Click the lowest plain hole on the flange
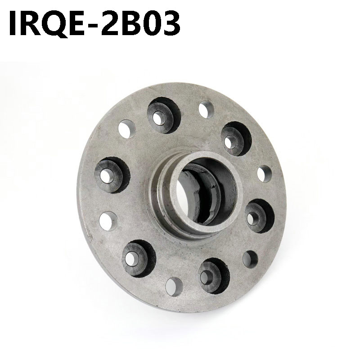[172, 283]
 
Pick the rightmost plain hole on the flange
[265, 173]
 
